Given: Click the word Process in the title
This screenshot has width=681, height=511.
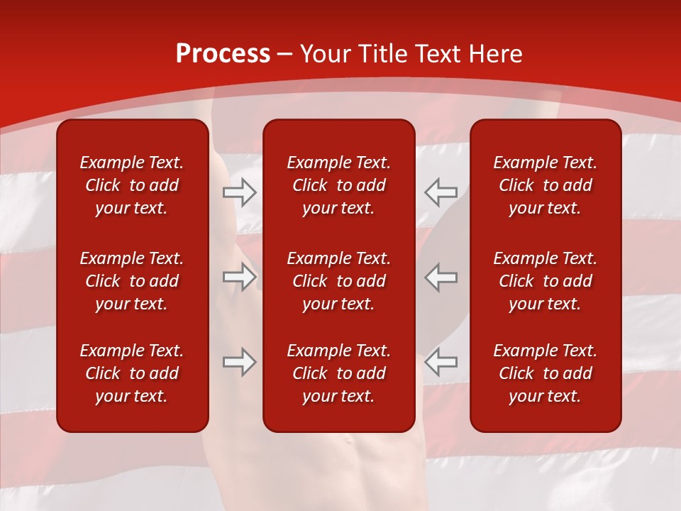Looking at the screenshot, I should [x=223, y=54].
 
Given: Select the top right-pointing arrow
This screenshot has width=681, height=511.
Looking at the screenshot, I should [x=240, y=192].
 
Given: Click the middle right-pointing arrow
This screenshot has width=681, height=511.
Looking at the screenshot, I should [x=240, y=277].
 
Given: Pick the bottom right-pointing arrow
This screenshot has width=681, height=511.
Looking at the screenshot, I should [x=240, y=362].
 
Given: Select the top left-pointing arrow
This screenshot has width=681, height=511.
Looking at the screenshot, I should [x=441, y=192].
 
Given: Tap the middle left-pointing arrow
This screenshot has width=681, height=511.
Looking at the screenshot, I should [x=441, y=277].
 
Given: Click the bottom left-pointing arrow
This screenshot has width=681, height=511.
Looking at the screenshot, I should [x=441, y=362].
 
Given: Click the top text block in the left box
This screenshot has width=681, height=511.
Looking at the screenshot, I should [x=132, y=185].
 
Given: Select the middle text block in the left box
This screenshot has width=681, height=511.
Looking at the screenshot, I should [x=132, y=281].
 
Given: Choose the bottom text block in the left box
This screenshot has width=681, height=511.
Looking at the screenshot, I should [x=132, y=373].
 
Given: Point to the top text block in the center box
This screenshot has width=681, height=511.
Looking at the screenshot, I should [x=338, y=185].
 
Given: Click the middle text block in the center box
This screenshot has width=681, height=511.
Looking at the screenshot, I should [x=338, y=281].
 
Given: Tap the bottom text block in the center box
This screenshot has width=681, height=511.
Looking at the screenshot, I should [x=338, y=373].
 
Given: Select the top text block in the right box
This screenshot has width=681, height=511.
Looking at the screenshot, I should [x=545, y=185].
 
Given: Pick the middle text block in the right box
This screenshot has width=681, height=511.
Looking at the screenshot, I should [x=545, y=281].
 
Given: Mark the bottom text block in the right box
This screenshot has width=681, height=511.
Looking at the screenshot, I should [x=545, y=373].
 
